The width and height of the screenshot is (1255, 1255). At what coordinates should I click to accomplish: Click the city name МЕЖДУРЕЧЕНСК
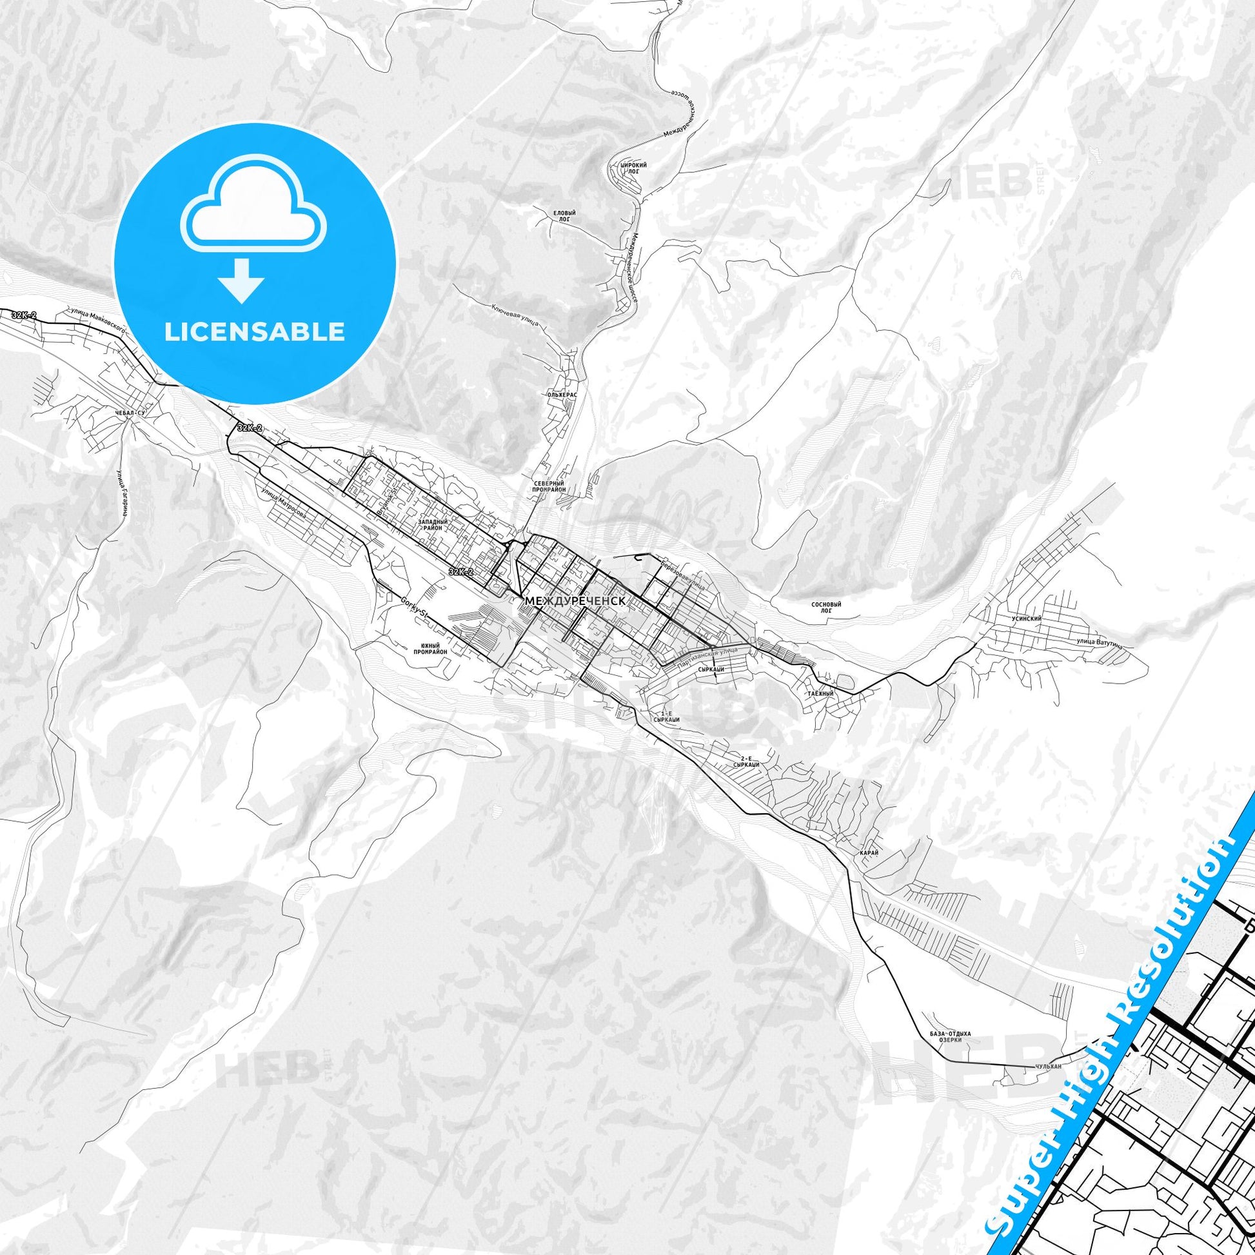575,602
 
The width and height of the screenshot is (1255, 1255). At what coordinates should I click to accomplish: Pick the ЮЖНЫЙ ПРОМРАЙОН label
430,647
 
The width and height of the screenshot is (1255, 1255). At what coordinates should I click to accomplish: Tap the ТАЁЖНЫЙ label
820,694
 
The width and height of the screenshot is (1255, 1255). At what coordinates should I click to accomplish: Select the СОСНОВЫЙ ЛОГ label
826,608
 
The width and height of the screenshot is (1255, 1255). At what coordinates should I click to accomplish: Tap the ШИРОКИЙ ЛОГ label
634,169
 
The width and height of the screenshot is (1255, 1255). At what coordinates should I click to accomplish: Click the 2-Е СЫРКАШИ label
746,761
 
